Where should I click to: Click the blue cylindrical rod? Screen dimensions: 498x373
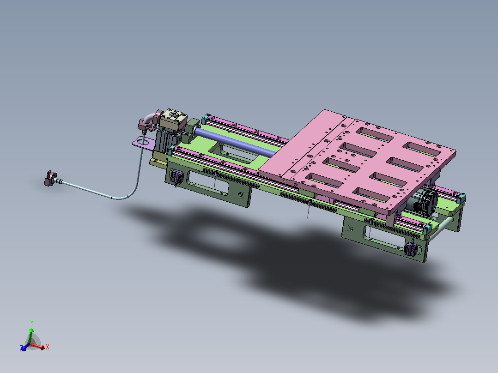[235, 142]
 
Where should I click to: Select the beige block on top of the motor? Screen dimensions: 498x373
[173, 120]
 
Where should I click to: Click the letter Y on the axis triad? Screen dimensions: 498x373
[32, 323]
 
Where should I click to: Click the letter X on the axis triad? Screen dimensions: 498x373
[47, 347]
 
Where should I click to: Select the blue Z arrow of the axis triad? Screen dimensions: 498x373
[24, 347]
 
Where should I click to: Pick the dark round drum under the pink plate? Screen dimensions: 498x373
[427, 202]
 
